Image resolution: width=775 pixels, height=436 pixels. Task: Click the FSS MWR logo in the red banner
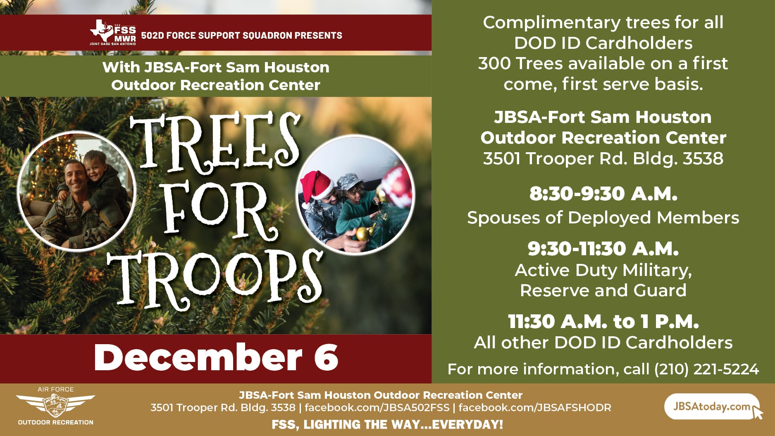click(x=113, y=33)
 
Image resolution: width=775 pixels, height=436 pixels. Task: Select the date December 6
click(x=216, y=357)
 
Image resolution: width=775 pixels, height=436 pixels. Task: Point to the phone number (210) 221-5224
click(x=706, y=369)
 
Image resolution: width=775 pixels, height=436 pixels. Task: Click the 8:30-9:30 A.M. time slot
click(x=603, y=194)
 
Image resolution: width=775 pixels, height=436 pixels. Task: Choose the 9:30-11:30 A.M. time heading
click(x=603, y=249)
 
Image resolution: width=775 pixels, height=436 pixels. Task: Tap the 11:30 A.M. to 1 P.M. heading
click(x=603, y=321)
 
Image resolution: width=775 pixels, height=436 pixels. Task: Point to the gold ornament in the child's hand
click(x=362, y=234)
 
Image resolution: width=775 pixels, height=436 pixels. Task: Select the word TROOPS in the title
click(x=215, y=279)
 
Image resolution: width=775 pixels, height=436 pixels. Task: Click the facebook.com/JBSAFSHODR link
click(x=535, y=407)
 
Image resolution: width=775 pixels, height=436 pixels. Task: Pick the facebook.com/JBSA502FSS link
click(x=377, y=407)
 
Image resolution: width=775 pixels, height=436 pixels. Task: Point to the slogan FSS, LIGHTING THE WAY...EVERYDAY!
click(x=387, y=424)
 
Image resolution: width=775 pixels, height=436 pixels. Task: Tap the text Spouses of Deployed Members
click(x=603, y=218)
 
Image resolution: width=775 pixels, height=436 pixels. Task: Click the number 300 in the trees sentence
click(x=494, y=64)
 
